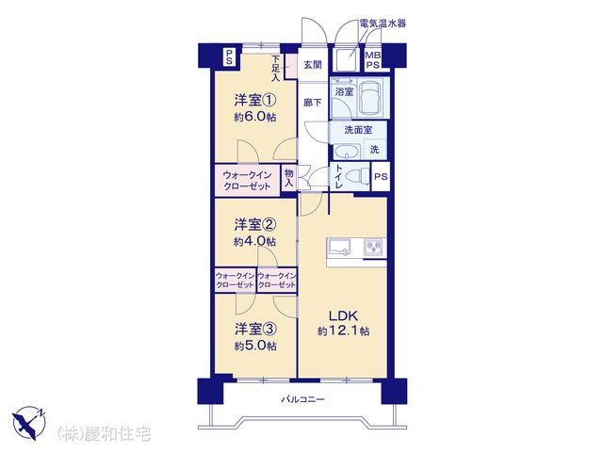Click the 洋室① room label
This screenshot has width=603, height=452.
[255, 101]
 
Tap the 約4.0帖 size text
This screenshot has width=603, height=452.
[255, 241]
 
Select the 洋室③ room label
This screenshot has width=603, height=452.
[255, 329]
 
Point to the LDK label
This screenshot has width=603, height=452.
[343, 316]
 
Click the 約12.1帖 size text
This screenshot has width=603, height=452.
[343, 331]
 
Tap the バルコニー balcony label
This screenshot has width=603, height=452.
[303, 399]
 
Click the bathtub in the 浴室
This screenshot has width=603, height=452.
[371, 97]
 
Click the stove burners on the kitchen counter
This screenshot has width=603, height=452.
[373, 247]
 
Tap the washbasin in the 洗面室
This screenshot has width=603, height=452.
[347, 151]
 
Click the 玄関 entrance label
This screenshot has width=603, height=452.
[313, 65]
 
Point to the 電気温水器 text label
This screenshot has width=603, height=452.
[383, 24]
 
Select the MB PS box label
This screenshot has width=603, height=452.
[373, 60]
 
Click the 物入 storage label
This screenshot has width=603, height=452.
[288, 178]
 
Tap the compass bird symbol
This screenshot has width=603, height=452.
[29, 423]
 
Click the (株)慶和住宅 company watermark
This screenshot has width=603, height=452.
[104, 433]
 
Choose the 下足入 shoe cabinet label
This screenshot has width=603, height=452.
[275, 69]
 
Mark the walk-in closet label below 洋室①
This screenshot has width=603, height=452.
[247, 180]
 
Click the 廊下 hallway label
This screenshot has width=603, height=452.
[313, 103]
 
